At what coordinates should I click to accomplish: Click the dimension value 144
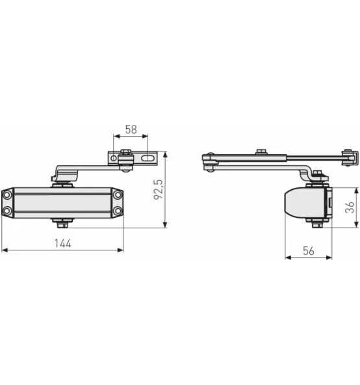click(63, 243)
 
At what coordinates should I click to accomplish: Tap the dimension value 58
click(131, 129)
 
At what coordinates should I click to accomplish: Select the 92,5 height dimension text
click(159, 189)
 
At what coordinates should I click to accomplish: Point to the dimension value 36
click(350, 207)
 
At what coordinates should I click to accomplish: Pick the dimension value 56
click(309, 251)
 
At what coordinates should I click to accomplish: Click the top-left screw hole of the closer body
click(7, 195)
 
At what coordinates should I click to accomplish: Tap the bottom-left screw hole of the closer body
click(7, 211)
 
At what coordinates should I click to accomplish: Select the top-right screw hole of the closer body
click(118, 195)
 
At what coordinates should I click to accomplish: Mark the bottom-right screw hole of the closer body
click(118, 211)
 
